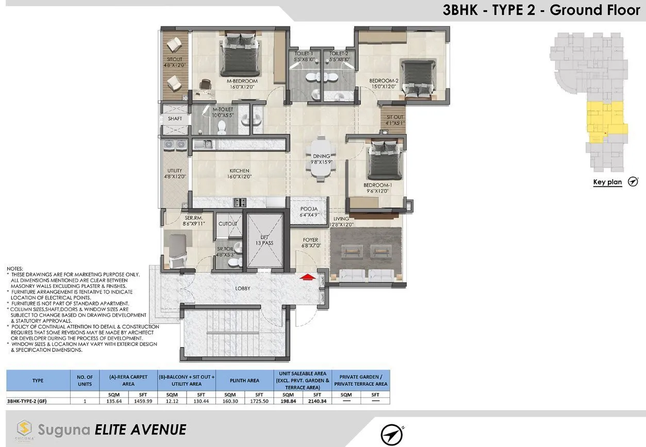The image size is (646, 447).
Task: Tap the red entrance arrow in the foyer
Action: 307,277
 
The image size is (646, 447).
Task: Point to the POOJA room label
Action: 308,212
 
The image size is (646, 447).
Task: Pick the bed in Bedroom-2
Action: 419,78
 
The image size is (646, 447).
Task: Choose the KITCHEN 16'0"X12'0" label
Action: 239,174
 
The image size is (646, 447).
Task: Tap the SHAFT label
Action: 175,119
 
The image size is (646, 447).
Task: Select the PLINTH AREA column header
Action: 244,381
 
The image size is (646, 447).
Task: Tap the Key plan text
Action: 607,182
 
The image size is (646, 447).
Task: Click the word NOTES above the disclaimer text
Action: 14,269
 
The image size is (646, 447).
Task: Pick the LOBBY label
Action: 242,288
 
